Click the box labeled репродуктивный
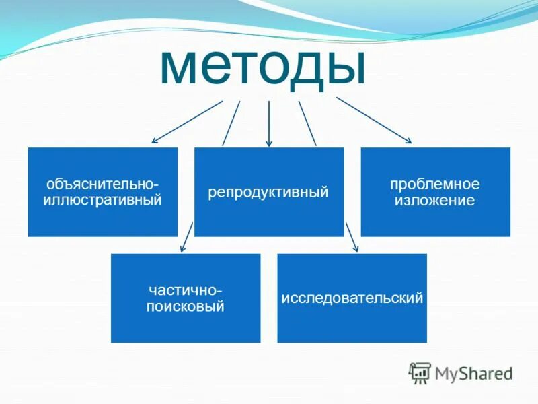(x=268, y=192)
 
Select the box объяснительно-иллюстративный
(x=102, y=192)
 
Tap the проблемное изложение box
(x=435, y=192)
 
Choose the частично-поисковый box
(x=186, y=298)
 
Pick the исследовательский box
(x=352, y=298)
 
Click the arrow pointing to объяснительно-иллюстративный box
(x=186, y=122)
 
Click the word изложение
(x=436, y=200)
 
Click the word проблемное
(x=435, y=184)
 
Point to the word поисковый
(x=186, y=306)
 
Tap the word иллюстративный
(x=102, y=200)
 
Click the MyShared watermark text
(x=473, y=372)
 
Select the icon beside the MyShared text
(x=420, y=372)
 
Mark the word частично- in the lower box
(x=186, y=290)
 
